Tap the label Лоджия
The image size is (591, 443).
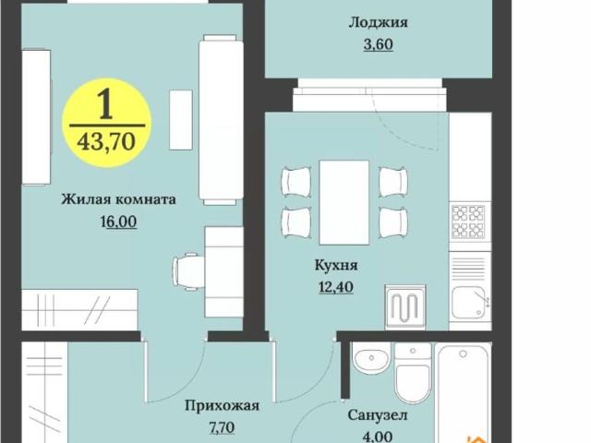coord(378,22)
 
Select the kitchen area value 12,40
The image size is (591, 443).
coord(335,287)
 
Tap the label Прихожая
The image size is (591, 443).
coord(221,404)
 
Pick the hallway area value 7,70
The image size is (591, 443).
coord(221,427)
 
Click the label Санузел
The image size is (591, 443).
coord(378,415)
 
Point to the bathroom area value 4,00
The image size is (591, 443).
coord(378,437)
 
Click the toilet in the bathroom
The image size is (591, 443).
coord(412,375)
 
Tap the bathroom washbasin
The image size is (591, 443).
coord(371,357)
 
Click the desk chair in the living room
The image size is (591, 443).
coord(190,271)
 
